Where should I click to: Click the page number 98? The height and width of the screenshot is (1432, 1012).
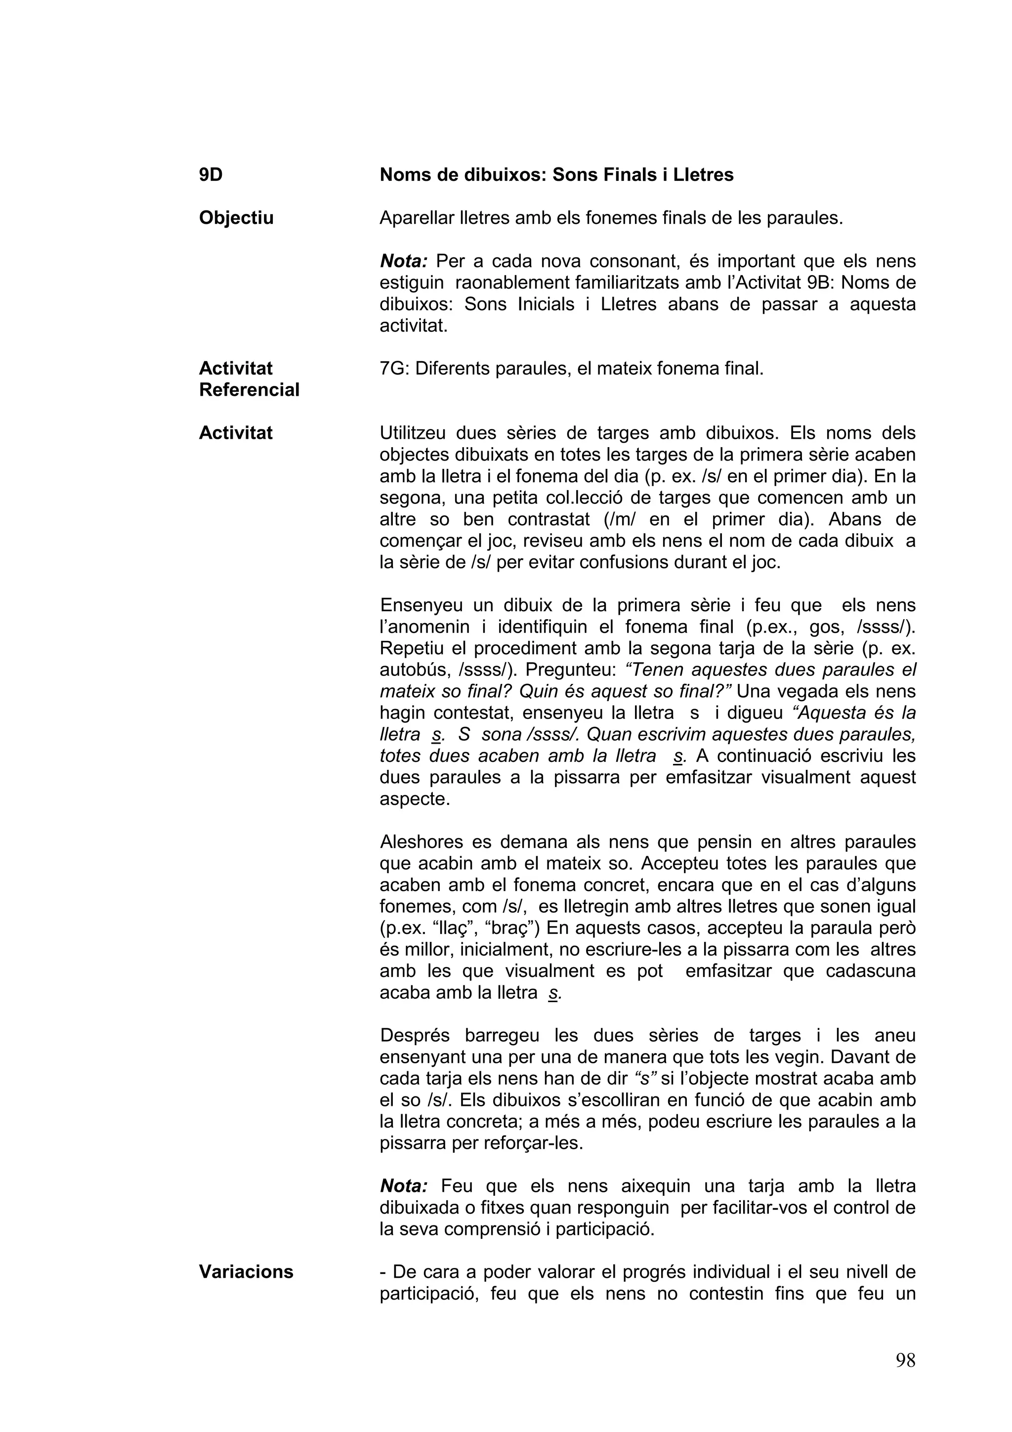pyautogui.click(x=905, y=1360)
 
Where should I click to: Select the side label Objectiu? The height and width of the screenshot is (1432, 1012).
pyautogui.click(x=236, y=218)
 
